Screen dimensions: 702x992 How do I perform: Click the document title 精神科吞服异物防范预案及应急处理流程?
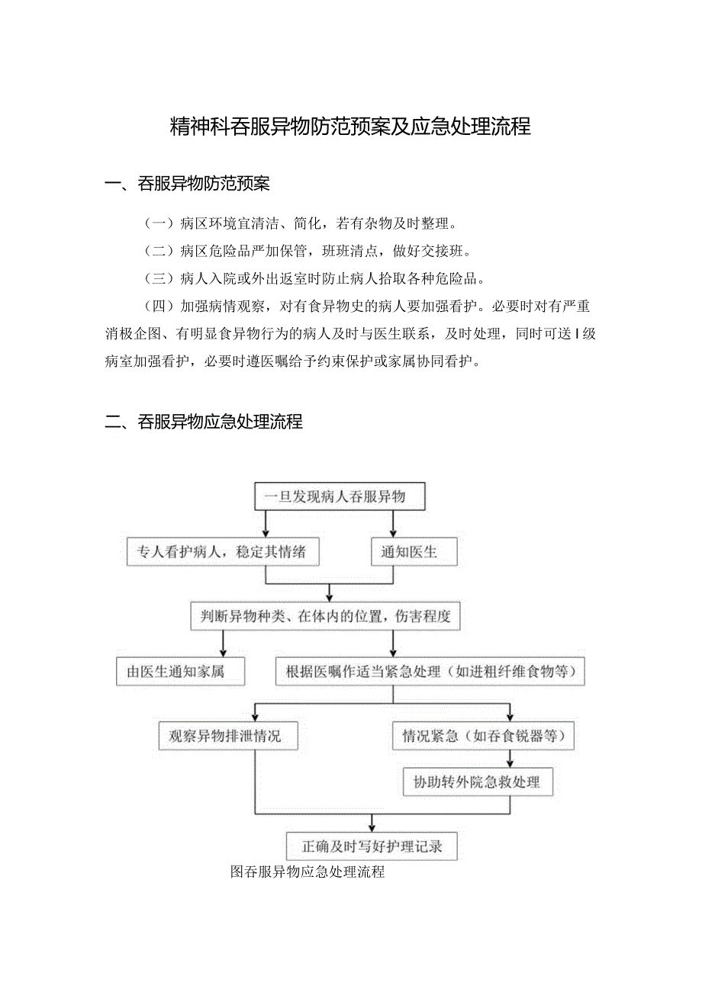point(350,127)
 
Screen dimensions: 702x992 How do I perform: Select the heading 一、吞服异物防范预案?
point(187,184)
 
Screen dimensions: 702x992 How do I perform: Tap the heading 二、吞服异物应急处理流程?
point(204,421)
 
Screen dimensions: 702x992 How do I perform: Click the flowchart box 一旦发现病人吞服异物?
point(339,497)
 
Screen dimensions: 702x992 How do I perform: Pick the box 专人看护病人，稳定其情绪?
point(223,552)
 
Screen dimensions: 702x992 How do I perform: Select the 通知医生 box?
point(414,552)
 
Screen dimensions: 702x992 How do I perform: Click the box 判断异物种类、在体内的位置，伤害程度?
point(326,616)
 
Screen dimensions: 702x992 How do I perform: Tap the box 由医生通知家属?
point(181,672)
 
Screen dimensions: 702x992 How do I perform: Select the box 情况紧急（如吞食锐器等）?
point(483,736)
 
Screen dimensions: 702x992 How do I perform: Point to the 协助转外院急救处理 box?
point(478,782)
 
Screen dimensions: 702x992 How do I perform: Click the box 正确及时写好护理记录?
point(372,846)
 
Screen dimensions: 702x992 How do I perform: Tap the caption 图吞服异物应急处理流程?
point(308,872)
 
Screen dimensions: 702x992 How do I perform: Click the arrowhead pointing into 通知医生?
point(393,535)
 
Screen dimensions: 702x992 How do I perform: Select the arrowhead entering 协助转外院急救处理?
point(510,762)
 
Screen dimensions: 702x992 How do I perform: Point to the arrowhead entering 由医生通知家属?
point(223,653)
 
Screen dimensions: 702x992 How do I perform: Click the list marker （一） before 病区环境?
point(159,224)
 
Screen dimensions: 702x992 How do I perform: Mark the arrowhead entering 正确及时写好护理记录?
point(372,827)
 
